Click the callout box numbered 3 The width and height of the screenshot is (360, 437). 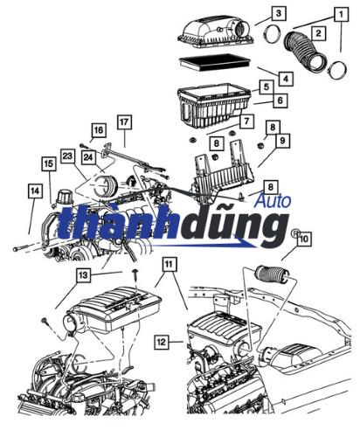(x=279, y=13)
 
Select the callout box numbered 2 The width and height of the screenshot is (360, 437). (x=318, y=33)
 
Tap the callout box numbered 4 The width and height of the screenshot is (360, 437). (x=286, y=79)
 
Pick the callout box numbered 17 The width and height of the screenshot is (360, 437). (x=124, y=121)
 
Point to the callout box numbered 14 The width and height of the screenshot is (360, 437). (x=34, y=191)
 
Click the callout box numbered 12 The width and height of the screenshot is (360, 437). (x=161, y=342)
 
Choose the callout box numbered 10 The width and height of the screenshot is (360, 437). (x=303, y=239)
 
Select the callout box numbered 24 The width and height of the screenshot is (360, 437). (x=88, y=157)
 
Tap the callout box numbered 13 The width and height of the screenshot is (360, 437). (x=83, y=274)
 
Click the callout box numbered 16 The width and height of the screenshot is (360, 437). (x=98, y=130)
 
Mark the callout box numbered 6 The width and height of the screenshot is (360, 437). (x=280, y=100)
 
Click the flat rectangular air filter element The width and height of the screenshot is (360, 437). (x=214, y=62)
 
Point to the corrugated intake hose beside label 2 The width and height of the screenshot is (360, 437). (x=306, y=51)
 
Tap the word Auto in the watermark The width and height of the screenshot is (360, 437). (x=273, y=201)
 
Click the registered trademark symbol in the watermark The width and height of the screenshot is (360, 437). (x=295, y=232)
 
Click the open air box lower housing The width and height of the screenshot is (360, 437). (x=214, y=106)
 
